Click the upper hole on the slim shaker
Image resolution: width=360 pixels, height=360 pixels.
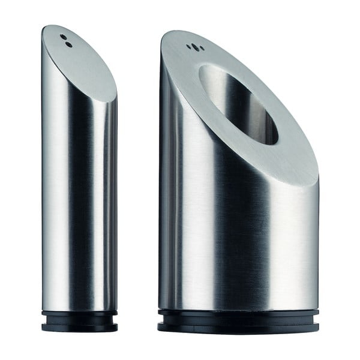(x=64, y=37)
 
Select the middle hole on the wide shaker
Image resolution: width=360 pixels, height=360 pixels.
(x=193, y=47)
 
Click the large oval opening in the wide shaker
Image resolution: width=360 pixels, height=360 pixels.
(x=238, y=103)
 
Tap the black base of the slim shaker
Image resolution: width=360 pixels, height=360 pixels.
(x=80, y=322)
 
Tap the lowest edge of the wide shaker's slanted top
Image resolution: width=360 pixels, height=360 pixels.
(x=312, y=180)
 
